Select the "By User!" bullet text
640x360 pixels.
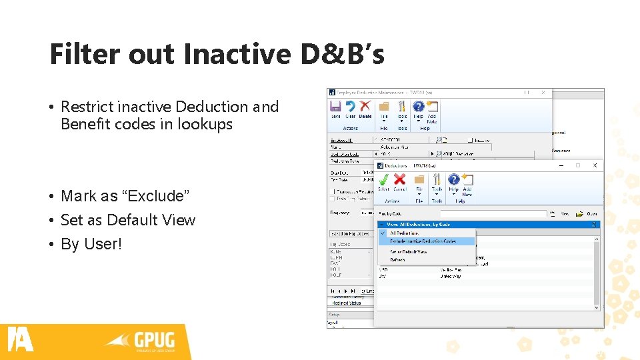(x=91, y=244)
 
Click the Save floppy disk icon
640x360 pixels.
(x=335, y=107)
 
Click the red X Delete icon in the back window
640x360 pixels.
(x=365, y=107)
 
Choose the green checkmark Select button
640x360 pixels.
(x=383, y=180)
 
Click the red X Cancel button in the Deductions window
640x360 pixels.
(x=399, y=180)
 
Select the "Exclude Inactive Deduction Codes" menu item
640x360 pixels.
(x=427, y=241)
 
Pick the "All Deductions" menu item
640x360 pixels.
(x=405, y=233)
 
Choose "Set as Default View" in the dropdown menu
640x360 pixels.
(x=409, y=252)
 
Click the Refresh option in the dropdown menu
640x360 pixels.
(x=397, y=259)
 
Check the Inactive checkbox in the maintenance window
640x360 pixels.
(x=470, y=140)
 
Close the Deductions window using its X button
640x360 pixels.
(x=595, y=165)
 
